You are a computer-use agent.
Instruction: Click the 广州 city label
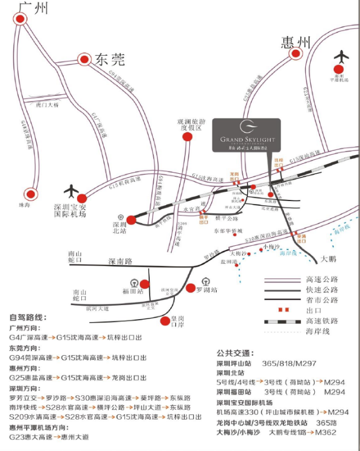[33, 8]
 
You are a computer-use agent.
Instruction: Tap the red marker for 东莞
[84, 59]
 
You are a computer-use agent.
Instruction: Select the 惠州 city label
[296, 42]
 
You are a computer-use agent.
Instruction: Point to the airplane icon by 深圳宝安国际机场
[72, 190]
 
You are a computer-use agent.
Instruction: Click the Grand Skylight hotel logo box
[246, 135]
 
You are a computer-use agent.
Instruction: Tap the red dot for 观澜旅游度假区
[187, 137]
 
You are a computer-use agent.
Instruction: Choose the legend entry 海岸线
[318, 331]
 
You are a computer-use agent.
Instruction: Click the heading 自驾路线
[28, 317]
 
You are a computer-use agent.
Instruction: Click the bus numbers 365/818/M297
[289, 363]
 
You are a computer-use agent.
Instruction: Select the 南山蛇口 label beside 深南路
[76, 257]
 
